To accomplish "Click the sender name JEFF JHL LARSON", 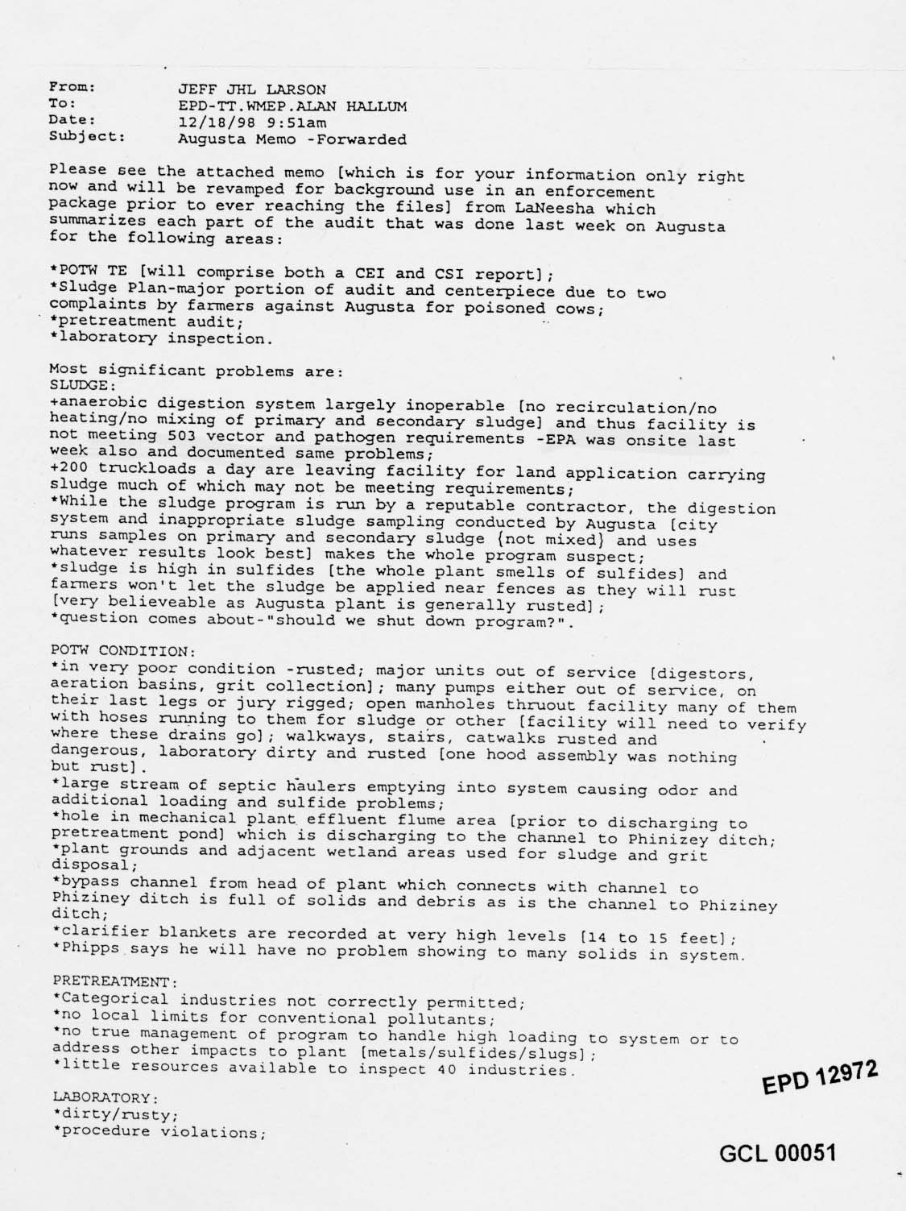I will click(x=251, y=89).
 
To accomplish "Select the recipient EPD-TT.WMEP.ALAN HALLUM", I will click(x=292, y=106).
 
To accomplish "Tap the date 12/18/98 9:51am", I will click(x=251, y=122).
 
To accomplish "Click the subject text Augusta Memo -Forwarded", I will click(x=292, y=139).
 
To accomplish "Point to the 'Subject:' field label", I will click(x=87, y=136).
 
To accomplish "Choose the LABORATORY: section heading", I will click(x=104, y=1097).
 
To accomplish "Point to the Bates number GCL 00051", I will click(x=777, y=1153).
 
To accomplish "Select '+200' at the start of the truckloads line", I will click(x=67, y=471).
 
